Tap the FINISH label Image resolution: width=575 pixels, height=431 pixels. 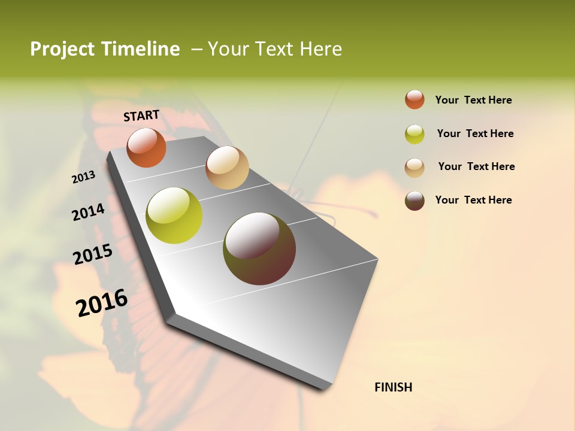(x=394, y=387)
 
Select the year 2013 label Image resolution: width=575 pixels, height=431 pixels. (x=83, y=177)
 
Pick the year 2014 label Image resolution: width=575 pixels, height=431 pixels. (x=88, y=212)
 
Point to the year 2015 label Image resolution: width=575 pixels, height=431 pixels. (x=93, y=254)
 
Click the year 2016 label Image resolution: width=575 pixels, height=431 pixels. (x=102, y=302)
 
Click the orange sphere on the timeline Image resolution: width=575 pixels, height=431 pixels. (x=146, y=148)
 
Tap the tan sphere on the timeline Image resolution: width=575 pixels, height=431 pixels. (x=227, y=168)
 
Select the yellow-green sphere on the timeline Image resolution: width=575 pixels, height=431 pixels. (x=174, y=215)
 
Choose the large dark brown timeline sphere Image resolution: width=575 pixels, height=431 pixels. (x=259, y=248)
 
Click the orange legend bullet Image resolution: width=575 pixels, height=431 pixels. (x=414, y=100)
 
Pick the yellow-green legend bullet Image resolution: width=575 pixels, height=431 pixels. (x=414, y=134)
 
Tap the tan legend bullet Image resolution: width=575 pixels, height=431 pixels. (x=414, y=168)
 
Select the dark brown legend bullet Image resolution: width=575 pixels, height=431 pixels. (x=414, y=201)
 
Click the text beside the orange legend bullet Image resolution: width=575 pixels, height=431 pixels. (x=474, y=100)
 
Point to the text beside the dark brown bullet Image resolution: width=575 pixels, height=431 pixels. (x=474, y=200)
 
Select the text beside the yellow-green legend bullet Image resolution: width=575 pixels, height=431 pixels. (x=476, y=133)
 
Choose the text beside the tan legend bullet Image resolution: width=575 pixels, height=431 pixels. (x=477, y=166)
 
